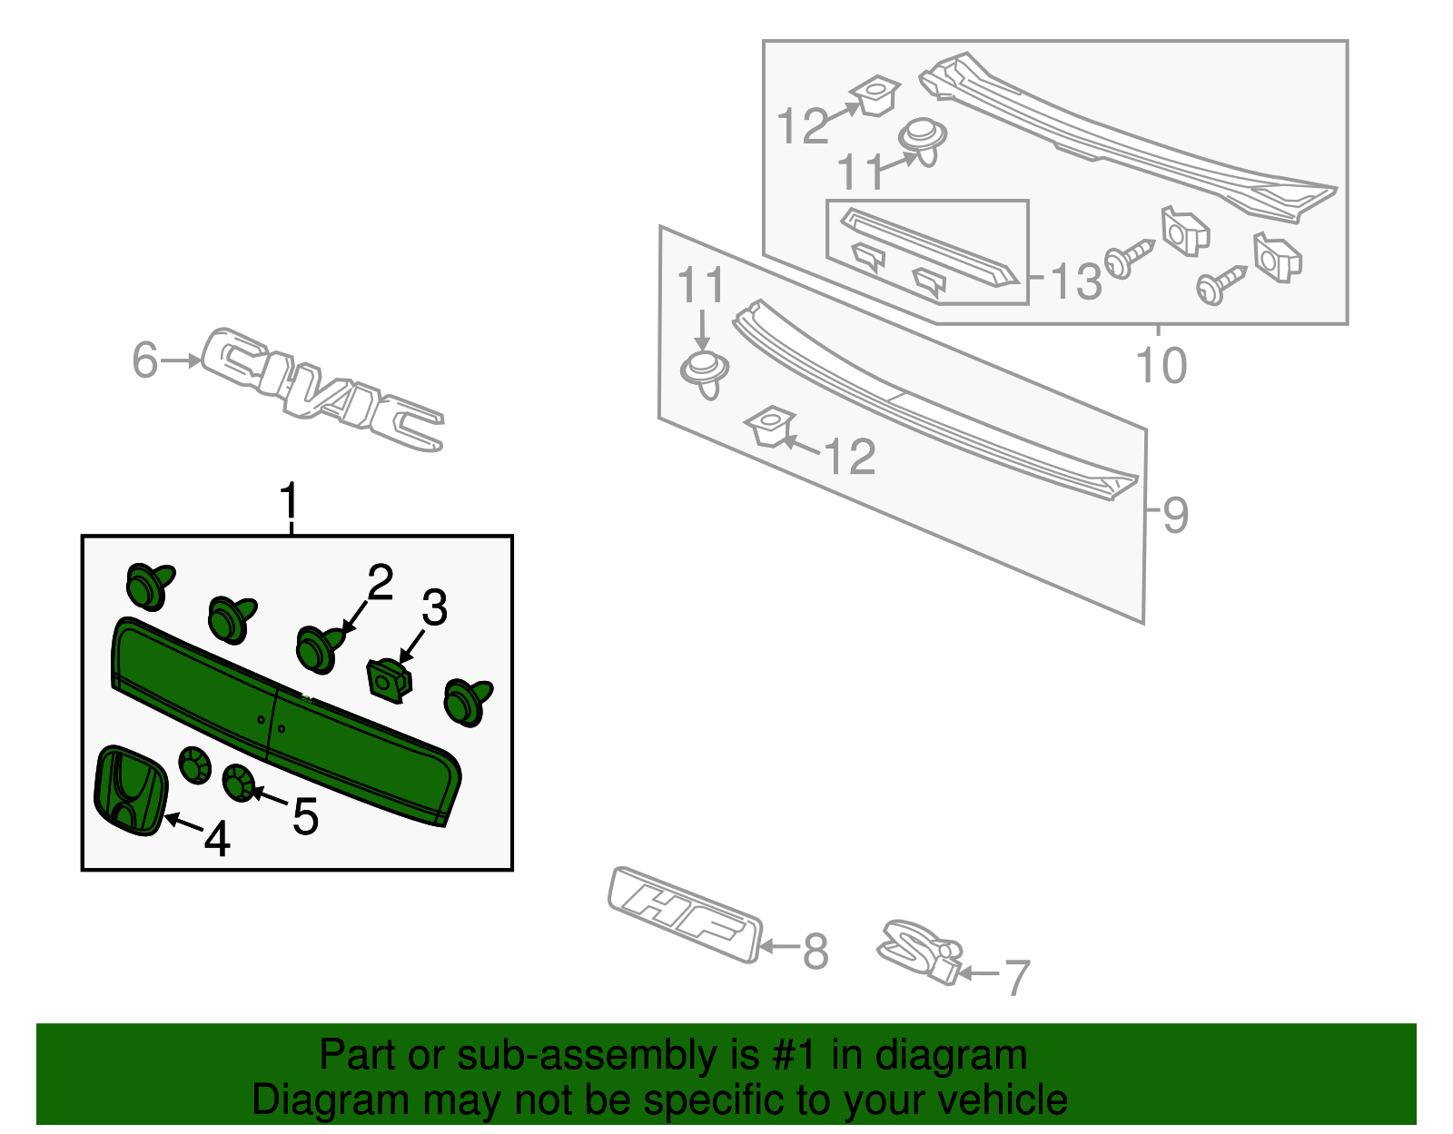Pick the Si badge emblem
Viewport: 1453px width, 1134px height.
[917, 952]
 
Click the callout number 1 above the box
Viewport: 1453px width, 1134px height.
[289, 502]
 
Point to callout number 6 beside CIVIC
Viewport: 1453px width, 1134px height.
[145, 360]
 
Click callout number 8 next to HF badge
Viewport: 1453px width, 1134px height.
[815, 952]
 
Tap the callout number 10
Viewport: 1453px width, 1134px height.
[1161, 365]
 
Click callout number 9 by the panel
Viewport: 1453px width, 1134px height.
[1175, 516]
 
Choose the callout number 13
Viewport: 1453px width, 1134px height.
[1076, 281]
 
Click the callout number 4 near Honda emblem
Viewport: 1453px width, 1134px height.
[217, 839]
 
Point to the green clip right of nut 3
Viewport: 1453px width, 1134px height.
[467, 702]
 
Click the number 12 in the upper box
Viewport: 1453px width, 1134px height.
[803, 126]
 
